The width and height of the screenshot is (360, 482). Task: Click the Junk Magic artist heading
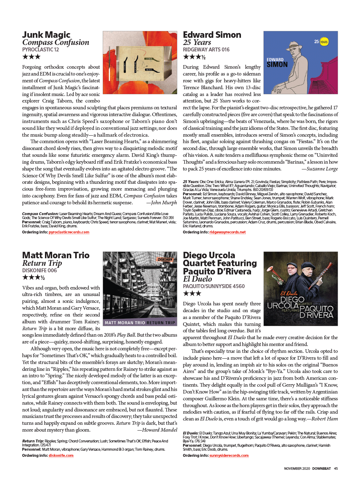pos(46,35)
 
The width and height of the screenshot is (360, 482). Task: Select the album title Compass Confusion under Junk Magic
pos(55,42)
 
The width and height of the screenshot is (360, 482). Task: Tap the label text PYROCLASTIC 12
pos(40,50)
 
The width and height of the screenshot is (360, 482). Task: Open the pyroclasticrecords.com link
pos(69,232)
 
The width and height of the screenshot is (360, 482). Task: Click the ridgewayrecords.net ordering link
pos(227,232)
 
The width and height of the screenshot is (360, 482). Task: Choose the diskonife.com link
pos(61,455)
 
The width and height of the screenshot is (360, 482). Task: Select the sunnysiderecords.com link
pos(229,455)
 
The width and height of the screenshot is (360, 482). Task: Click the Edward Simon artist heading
pos(212,35)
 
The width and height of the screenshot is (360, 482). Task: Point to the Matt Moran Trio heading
pos(56,255)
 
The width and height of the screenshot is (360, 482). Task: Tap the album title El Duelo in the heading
pos(197,279)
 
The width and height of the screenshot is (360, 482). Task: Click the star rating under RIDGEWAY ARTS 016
pos(194,57)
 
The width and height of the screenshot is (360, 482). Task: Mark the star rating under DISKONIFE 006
pos(33,277)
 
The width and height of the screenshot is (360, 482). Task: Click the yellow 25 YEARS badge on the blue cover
pos(323,42)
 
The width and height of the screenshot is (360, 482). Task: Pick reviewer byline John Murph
pos(164,203)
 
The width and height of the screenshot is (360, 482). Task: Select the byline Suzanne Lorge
pos(322,169)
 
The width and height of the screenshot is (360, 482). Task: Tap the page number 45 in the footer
pos(336,468)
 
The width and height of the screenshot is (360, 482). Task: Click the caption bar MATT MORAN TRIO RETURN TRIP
pos(140,323)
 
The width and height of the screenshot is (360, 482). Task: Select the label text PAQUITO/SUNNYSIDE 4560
pos(214,286)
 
